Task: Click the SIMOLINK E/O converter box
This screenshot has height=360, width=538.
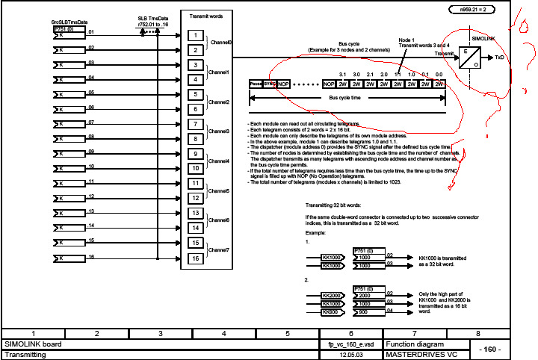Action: [x=469, y=57]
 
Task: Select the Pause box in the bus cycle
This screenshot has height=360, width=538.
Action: [x=256, y=84]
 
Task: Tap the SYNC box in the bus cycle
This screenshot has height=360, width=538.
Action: [x=270, y=84]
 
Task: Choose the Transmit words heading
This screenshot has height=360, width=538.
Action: [x=207, y=15]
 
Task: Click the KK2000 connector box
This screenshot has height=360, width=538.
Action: [x=332, y=295]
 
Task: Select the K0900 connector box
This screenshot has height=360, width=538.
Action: [x=332, y=312]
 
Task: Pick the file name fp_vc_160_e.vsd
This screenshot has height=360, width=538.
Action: [x=351, y=344]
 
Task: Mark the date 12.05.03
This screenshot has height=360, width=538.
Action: [x=351, y=355]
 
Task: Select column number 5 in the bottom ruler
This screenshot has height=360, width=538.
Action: [x=288, y=333]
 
